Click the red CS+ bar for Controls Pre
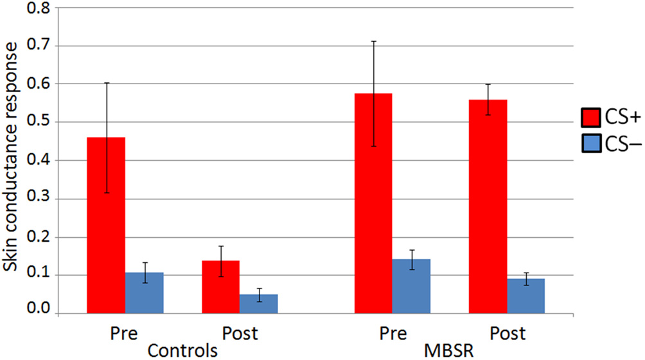coord(106,225)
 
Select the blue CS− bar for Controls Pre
coord(145,293)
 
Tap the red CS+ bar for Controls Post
coord(220,287)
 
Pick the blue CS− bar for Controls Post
coord(259,304)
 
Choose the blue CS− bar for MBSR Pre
coord(411,287)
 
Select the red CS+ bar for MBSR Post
coord(488,206)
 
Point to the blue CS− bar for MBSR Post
coord(526,296)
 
